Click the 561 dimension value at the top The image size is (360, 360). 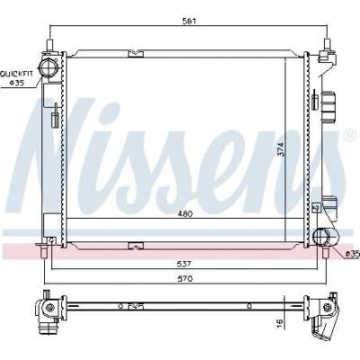pos(189,21)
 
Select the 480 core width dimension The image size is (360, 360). pos(184,214)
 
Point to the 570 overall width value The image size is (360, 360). pos(186,279)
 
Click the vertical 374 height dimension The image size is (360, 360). pos(280,149)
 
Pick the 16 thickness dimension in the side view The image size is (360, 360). pos(279,322)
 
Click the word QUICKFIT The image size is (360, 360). pos(16,73)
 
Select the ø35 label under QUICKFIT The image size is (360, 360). pos(17,83)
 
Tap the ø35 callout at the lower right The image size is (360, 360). pos(352,254)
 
